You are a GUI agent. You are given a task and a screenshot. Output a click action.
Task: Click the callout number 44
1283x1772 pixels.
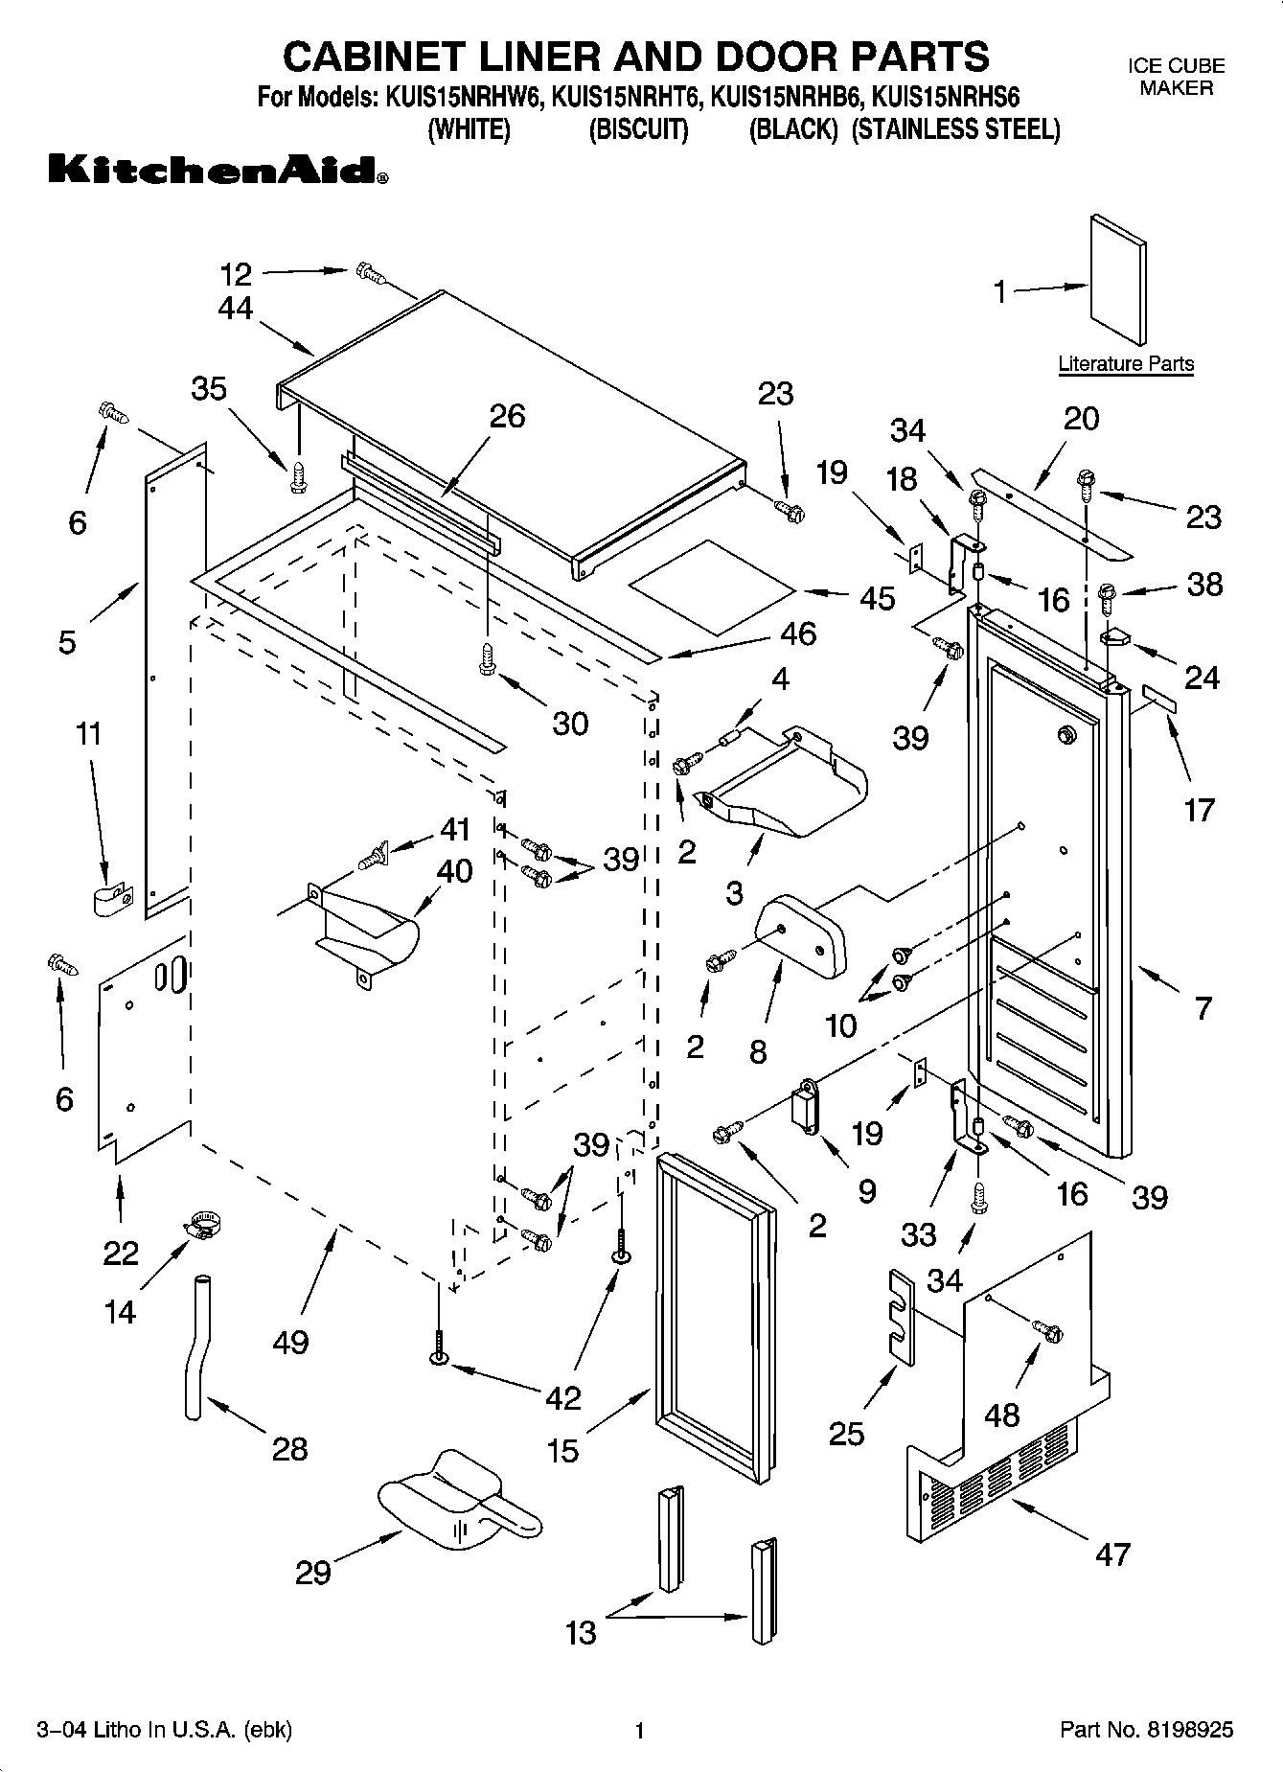(235, 308)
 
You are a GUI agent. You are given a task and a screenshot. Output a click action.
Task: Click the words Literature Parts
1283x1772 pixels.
(1126, 364)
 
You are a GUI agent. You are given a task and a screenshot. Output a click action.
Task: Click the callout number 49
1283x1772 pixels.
(290, 1342)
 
